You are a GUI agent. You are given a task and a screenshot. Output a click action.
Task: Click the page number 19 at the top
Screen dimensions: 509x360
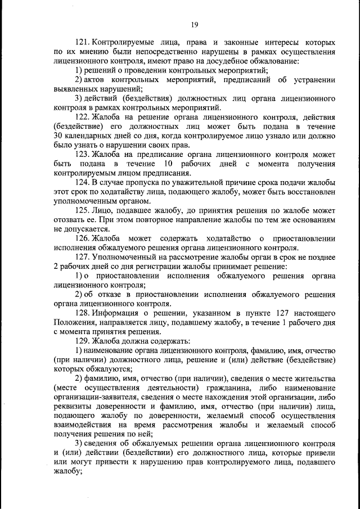[195, 24]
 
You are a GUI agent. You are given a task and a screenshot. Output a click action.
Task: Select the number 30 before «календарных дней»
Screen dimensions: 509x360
[59, 135]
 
